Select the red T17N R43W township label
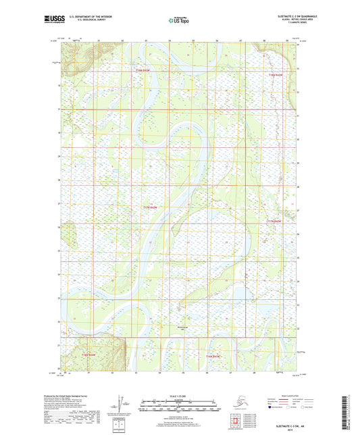(x=150, y=207)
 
